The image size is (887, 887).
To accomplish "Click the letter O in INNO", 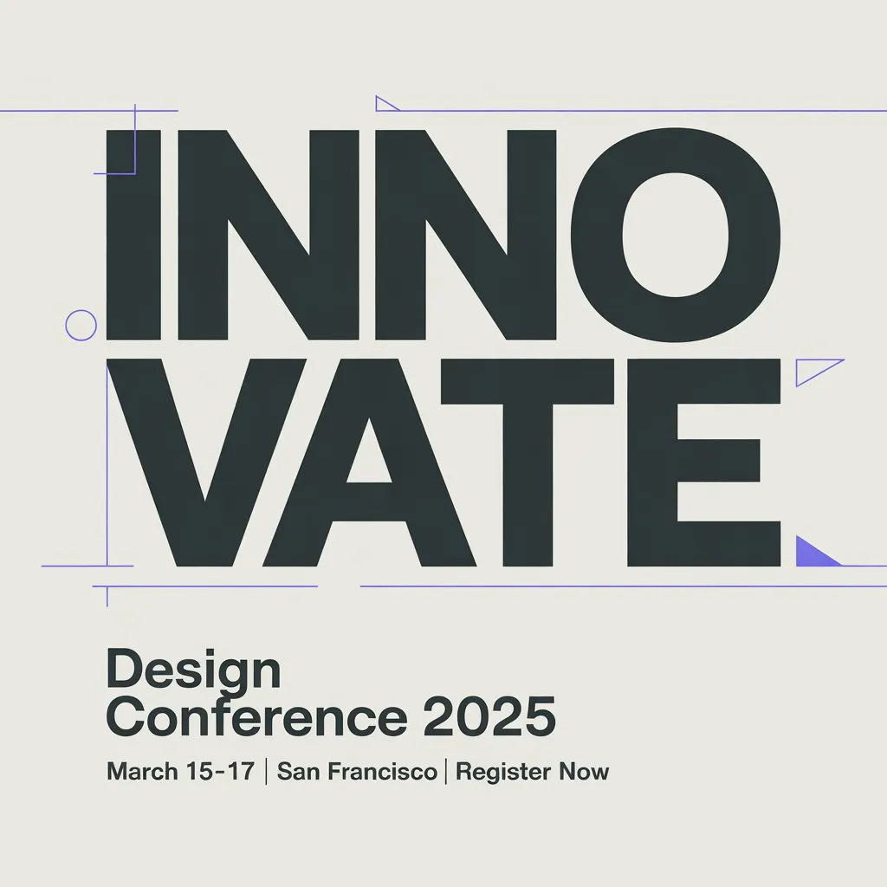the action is click(x=676, y=236).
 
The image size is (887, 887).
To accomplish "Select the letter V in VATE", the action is click(x=206, y=463).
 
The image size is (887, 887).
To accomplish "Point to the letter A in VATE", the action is click(x=369, y=463).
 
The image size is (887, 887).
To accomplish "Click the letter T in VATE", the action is click(x=528, y=463).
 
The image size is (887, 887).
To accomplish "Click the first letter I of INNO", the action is click(x=133, y=236).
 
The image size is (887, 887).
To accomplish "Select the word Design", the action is click(x=193, y=671).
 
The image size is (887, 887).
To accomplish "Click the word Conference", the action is click(x=256, y=717).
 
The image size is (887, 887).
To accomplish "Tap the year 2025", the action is click(x=489, y=717).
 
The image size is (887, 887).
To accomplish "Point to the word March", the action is click(x=143, y=772).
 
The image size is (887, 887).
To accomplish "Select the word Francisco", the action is click(x=382, y=772).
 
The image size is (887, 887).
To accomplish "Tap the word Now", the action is click(x=584, y=772).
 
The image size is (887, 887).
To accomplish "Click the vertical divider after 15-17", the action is click(x=266, y=772).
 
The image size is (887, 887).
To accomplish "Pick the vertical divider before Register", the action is click(x=446, y=772).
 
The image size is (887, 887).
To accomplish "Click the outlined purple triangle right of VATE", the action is click(x=797, y=373).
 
